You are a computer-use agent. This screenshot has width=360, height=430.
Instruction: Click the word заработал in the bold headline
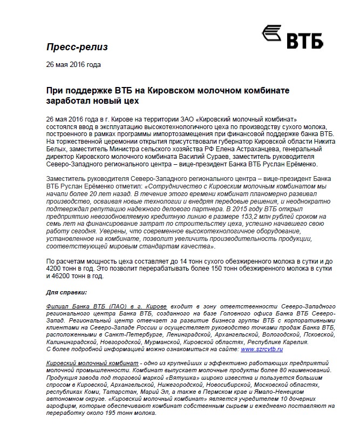69,100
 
